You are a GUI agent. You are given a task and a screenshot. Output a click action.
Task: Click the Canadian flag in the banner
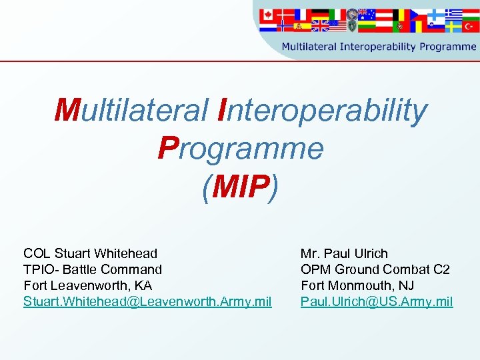click(268, 14)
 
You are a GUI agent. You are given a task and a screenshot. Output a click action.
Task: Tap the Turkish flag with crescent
click(470, 27)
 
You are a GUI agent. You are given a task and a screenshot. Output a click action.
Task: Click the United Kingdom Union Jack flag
click(320, 26)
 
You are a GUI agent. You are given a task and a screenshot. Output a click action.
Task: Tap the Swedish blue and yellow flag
click(453, 26)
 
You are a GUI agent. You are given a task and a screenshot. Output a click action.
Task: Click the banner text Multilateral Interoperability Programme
click(379, 47)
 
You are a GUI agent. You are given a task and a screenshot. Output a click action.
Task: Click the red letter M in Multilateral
click(67, 111)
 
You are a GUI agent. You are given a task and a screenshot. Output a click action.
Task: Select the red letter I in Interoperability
click(224, 111)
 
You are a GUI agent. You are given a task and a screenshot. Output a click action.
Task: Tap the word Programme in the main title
click(240, 149)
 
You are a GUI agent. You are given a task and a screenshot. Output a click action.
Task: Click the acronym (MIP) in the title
click(240, 187)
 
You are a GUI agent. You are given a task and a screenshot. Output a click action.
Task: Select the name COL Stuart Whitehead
click(91, 253)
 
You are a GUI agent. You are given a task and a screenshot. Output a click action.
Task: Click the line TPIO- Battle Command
click(93, 269)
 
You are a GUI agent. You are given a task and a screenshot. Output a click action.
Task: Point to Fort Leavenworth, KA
click(88, 285)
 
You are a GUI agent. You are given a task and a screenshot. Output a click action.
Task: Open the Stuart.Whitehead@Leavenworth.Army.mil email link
click(147, 302)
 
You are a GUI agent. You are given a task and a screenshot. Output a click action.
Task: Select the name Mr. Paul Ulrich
click(344, 253)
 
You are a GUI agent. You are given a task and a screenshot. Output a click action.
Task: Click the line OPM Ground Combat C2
click(375, 269)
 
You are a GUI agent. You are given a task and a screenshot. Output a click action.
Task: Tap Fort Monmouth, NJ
click(357, 285)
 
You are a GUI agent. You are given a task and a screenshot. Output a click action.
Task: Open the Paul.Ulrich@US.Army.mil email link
click(377, 302)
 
